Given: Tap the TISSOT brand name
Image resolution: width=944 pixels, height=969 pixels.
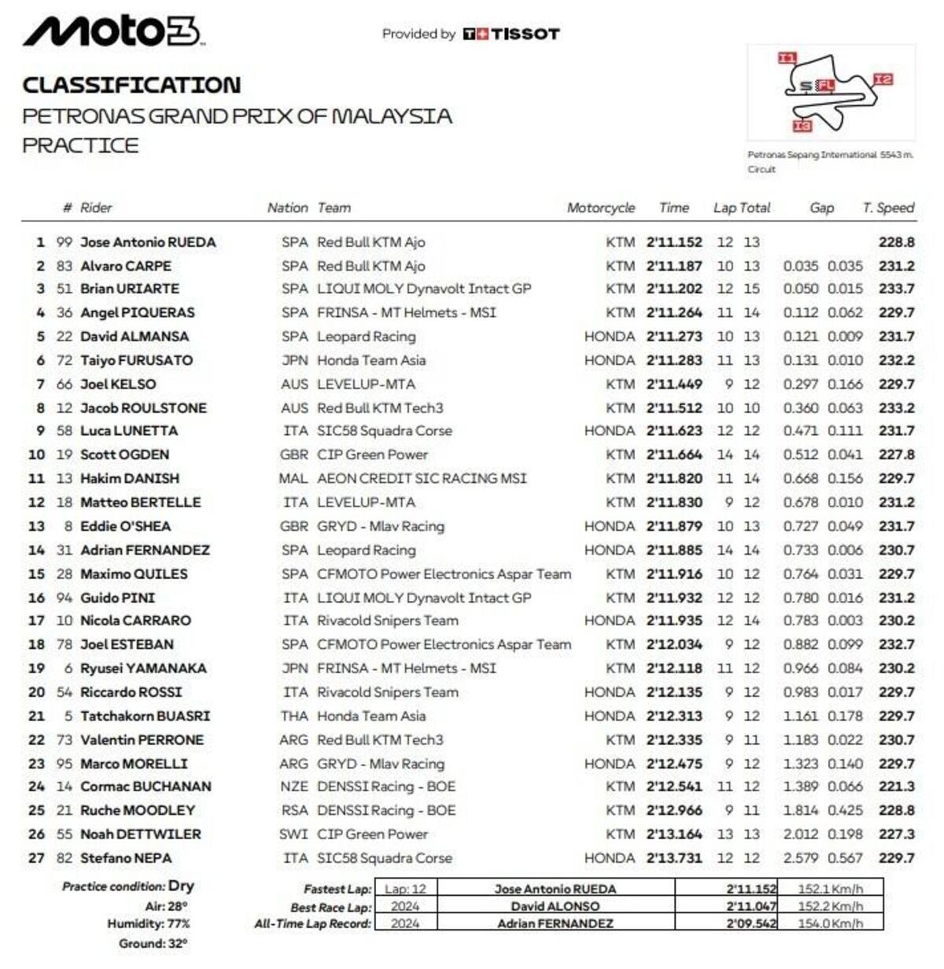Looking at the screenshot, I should point(525,35).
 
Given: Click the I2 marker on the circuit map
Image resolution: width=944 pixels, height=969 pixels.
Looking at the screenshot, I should point(883,79).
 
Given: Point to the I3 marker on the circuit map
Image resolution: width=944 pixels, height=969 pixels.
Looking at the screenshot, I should point(802,126).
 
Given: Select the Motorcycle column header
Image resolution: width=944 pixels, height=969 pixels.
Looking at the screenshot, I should point(600,208).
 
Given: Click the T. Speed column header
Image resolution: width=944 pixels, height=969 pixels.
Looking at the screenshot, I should point(888,208).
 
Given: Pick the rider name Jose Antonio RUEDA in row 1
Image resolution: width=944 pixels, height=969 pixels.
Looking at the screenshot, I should point(148,242).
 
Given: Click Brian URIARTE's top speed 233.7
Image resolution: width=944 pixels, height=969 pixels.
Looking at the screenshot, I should point(896,289).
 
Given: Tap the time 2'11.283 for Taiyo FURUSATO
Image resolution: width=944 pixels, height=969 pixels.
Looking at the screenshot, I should point(673,360).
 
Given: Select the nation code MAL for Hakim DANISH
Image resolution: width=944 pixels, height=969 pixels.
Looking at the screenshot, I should point(293,478).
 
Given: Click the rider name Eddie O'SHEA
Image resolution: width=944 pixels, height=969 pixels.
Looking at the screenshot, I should point(125,526).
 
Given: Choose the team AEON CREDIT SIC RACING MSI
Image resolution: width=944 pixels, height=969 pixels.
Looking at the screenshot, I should point(422,478).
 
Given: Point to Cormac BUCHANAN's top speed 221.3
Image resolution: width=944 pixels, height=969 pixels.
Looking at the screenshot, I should point(896,787).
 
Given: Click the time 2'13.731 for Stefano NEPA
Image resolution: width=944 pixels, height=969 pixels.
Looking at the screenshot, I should point(673,858).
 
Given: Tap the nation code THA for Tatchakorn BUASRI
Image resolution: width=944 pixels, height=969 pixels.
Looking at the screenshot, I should point(293,716).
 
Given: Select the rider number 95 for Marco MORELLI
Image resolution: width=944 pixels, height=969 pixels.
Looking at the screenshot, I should point(65,764).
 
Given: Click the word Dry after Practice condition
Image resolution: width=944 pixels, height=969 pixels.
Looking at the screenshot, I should point(181,886).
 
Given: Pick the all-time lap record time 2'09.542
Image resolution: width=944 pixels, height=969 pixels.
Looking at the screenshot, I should point(750,923).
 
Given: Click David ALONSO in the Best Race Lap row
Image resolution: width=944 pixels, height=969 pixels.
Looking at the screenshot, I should point(555,906).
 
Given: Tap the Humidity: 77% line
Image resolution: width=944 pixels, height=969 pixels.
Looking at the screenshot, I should point(149,924).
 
